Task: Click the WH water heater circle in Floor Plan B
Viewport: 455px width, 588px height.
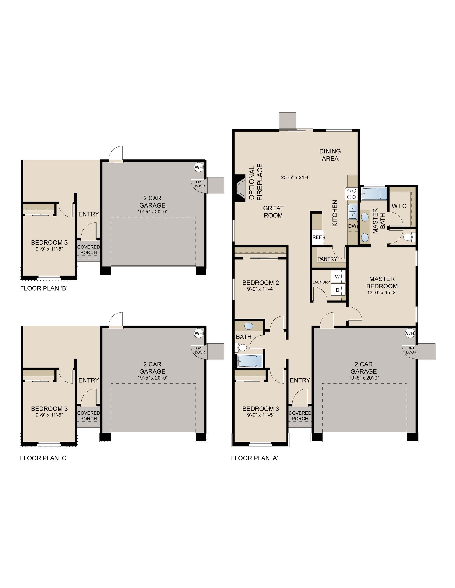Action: (x=199, y=167)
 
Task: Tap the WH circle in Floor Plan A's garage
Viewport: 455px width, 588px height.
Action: (x=410, y=333)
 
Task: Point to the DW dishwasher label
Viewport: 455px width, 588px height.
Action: (x=352, y=226)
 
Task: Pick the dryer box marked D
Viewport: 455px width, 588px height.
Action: (x=338, y=290)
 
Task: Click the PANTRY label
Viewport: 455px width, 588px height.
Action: (x=327, y=259)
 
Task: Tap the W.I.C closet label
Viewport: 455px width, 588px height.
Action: (x=399, y=206)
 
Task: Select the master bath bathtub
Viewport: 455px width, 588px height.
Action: (x=374, y=194)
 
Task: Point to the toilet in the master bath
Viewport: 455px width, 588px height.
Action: (x=409, y=237)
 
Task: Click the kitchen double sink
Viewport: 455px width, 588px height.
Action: (x=353, y=211)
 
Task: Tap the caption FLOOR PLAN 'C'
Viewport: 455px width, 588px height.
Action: (x=43, y=458)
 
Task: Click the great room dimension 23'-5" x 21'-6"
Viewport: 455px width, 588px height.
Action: (x=296, y=177)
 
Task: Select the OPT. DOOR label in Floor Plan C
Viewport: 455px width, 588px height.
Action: (x=200, y=350)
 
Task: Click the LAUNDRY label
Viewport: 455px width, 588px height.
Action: (x=321, y=282)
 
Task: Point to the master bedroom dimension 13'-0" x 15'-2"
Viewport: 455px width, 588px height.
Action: (x=382, y=292)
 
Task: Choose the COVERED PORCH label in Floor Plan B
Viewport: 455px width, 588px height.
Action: (x=88, y=250)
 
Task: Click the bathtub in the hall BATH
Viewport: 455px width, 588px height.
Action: (x=250, y=361)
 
